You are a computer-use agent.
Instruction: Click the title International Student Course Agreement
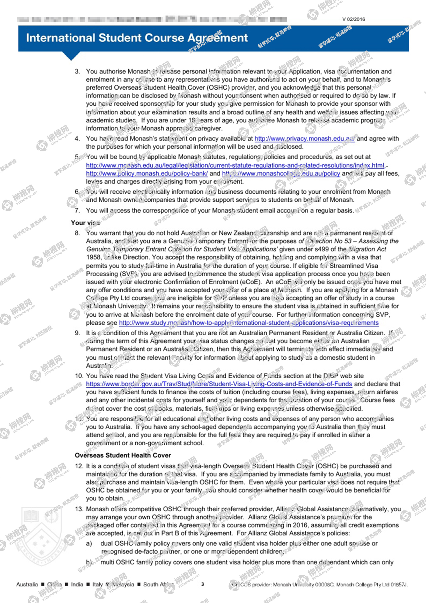pyautogui.click(x=137, y=38)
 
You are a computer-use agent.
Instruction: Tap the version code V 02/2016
pyautogui.click(x=353, y=19)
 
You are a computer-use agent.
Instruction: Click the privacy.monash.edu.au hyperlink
pyautogui.click(x=304, y=139)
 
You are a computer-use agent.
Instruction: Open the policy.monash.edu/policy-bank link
pyautogui.click(x=147, y=174)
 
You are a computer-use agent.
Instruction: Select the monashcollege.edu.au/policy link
pyautogui.click(x=281, y=174)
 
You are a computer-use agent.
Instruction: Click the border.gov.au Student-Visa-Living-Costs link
pyautogui.click(x=219, y=384)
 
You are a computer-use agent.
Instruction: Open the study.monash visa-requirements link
pyautogui.click(x=249, y=323)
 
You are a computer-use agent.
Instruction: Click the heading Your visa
pyautogui.click(x=85, y=223)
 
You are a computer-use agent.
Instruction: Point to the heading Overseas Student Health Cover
pyautogui.click(x=123, y=455)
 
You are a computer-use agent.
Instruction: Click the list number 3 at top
pyautogui.click(x=77, y=72)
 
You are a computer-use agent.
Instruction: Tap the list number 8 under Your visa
pyautogui.click(x=77, y=233)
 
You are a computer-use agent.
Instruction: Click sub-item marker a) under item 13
pyautogui.click(x=89, y=543)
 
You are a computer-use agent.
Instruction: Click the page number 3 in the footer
pyautogui.click(x=203, y=584)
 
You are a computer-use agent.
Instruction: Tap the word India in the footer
pyautogui.click(x=77, y=584)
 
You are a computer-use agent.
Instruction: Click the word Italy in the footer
pyautogui.click(x=97, y=584)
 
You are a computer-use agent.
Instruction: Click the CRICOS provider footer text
pyautogui.click(x=319, y=584)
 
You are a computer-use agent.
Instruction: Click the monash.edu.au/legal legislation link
pyautogui.click(x=235, y=165)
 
